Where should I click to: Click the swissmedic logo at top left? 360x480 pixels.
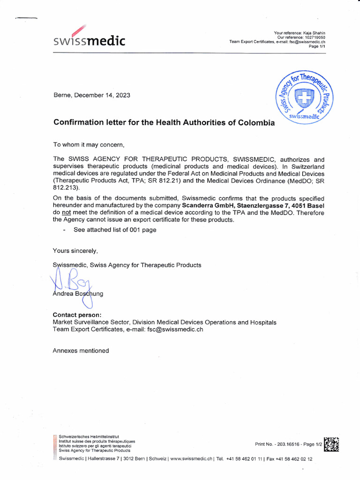89,39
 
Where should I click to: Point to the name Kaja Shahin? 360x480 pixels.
316,32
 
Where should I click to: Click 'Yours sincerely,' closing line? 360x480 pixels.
75,251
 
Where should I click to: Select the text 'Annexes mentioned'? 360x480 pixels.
81,351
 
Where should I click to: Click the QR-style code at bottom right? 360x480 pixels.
331,444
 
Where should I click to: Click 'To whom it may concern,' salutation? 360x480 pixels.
89,144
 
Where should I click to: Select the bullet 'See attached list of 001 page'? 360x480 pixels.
114,230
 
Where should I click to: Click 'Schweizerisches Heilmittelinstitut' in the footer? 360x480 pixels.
86,437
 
